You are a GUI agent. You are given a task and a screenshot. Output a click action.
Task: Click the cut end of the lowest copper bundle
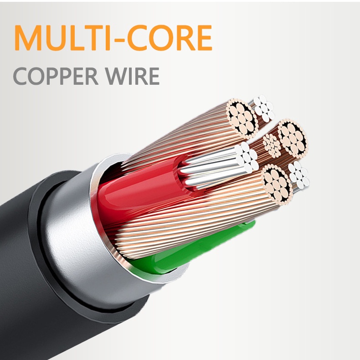tap(276, 185)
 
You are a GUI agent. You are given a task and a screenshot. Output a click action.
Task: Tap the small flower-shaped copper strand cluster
tap(272, 144)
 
